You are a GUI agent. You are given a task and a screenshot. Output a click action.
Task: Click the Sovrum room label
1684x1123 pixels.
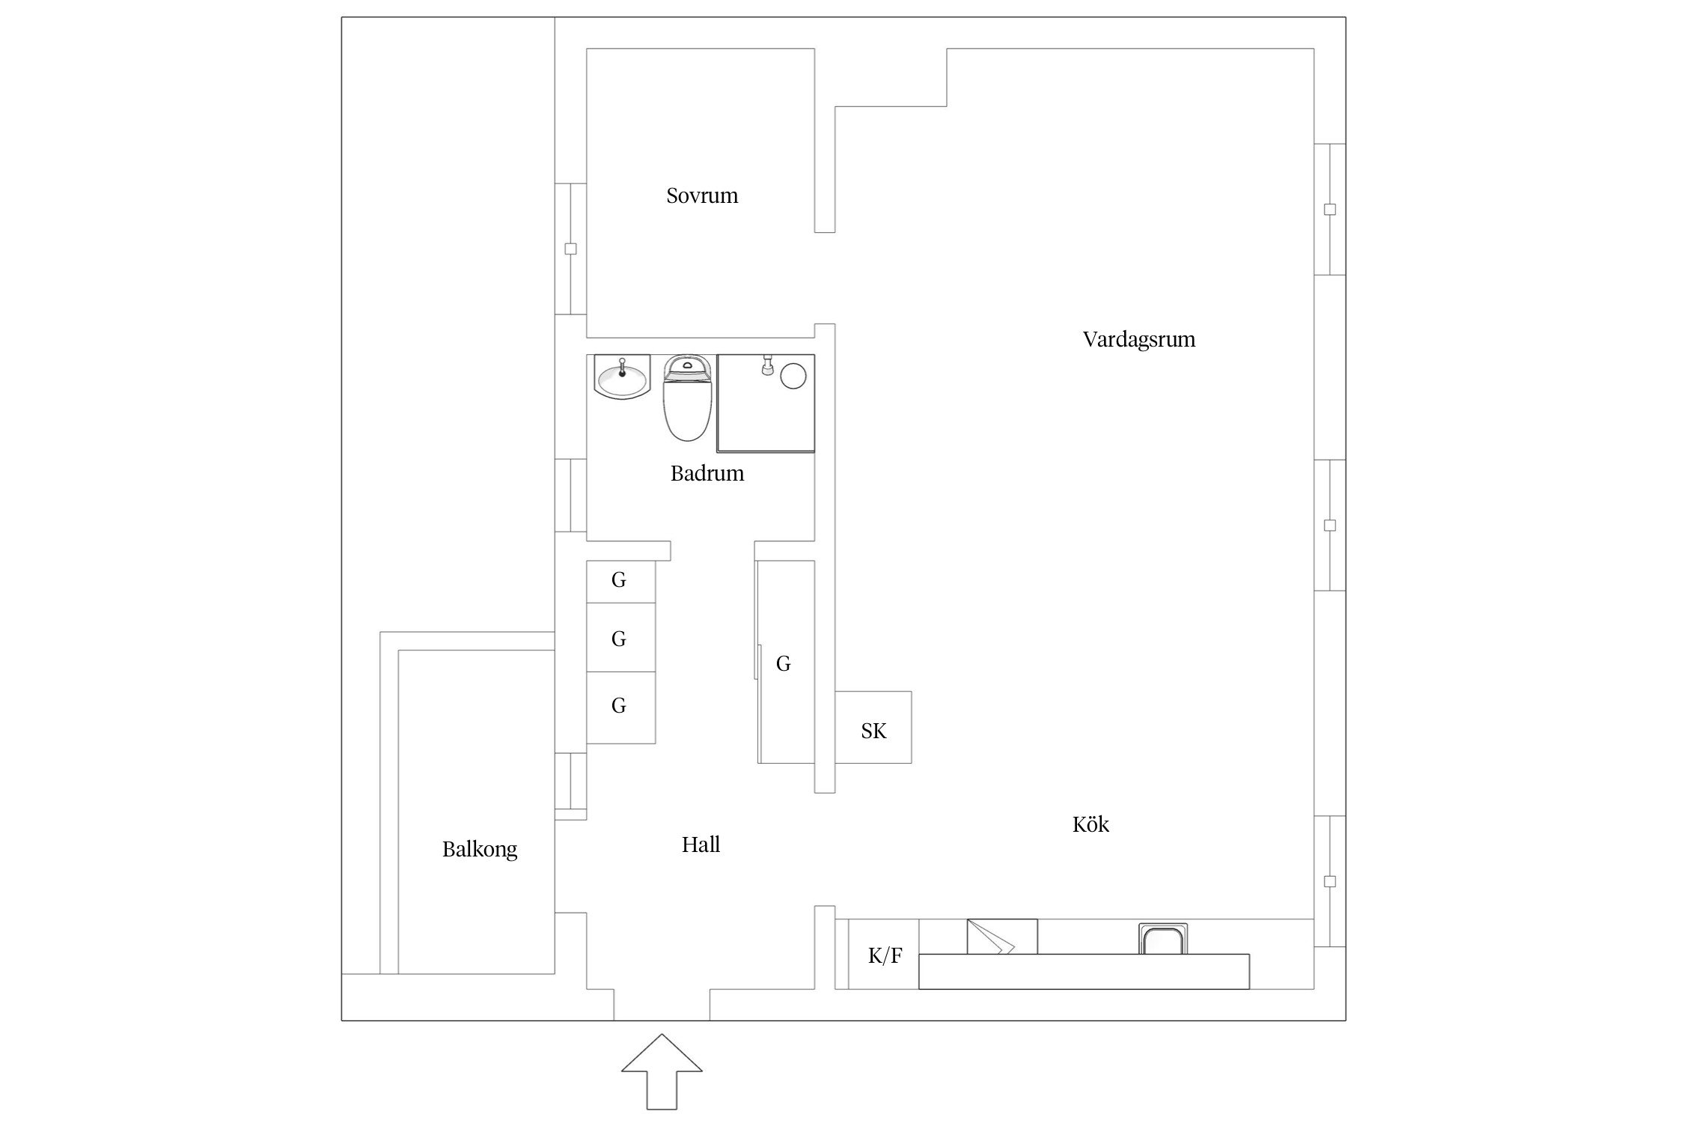pos(701,196)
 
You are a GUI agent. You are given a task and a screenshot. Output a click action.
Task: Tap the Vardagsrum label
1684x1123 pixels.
pos(1138,340)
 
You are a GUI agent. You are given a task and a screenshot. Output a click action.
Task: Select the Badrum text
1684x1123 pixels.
pos(707,474)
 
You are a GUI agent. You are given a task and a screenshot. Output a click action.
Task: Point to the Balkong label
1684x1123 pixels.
pos(479,850)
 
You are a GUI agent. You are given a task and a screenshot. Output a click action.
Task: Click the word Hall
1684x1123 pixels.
pos(701,845)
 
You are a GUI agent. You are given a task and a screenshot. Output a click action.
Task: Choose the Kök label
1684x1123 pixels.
pos(1090,825)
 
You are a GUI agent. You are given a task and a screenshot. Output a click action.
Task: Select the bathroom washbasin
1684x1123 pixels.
pos(622,378)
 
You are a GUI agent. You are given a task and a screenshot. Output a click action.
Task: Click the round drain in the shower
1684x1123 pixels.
pos(793,375)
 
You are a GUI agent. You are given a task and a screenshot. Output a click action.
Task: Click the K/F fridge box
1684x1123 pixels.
pos(884,956)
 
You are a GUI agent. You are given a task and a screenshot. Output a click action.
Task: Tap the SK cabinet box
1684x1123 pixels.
pos(873,730)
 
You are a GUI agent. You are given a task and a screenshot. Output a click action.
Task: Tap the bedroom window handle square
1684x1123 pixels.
pos(570,249)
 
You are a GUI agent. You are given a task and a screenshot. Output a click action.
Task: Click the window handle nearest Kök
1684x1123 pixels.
pos(1329,881)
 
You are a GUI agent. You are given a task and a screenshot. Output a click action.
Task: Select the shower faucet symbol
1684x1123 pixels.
pos(766,365)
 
